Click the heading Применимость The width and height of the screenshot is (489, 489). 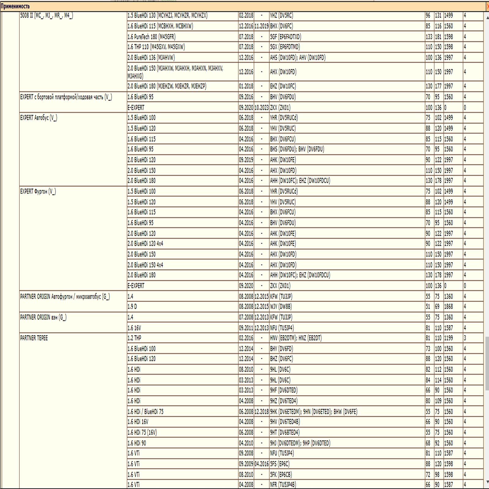15,6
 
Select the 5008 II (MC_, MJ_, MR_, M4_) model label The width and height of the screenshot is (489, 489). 46,16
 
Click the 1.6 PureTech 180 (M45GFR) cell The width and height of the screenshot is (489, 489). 152,37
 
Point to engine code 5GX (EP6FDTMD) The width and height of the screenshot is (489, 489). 285,47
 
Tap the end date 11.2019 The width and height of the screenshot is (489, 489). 261,26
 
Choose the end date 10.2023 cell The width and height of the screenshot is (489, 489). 261,108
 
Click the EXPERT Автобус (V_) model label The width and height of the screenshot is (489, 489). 39,118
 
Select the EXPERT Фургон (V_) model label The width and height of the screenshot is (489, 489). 38,192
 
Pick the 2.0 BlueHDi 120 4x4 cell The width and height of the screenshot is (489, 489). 145,244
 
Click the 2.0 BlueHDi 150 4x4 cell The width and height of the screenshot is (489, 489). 145,265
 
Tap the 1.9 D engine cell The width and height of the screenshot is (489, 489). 132,307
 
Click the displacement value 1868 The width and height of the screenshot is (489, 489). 448,307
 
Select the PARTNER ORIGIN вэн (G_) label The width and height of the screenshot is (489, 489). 43,318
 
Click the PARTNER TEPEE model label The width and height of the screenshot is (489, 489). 34,338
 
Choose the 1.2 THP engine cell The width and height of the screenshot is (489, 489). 134,338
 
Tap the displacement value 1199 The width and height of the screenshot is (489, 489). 448,338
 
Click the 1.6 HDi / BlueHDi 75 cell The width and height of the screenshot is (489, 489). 145,412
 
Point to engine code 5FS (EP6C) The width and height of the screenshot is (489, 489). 280,464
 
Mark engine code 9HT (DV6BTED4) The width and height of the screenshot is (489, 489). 285,432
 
